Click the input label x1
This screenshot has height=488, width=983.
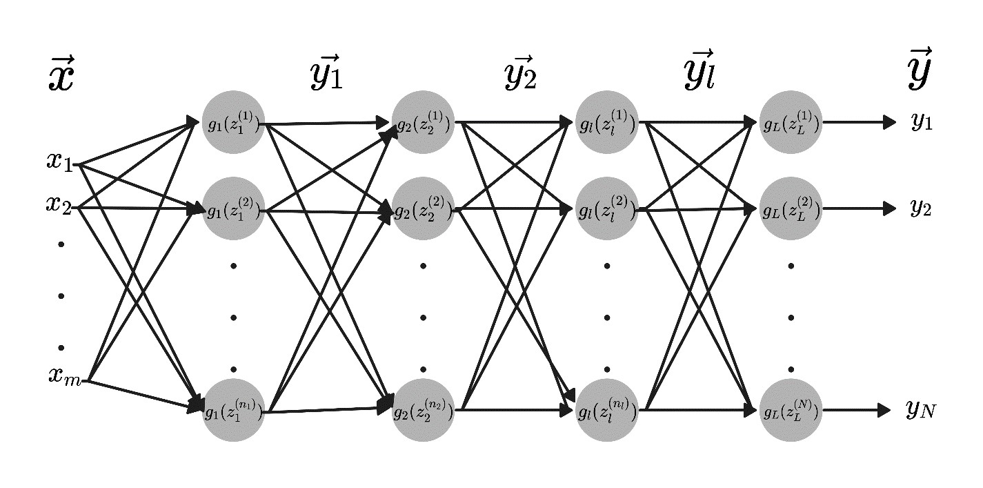[61, 163]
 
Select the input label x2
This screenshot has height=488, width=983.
[61, 205]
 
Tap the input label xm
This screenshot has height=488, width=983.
[65, 377]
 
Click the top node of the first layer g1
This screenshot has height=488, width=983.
[233, 124]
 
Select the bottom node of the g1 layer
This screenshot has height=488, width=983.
[233, 411]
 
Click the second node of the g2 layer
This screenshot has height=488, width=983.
[423, 208]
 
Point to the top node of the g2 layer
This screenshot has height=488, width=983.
[423, 124]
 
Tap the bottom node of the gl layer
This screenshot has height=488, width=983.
[607, 411]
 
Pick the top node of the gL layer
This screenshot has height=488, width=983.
[791, 124]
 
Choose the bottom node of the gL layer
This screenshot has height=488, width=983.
[791, 411]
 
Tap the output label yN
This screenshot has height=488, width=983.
[921, 410]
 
